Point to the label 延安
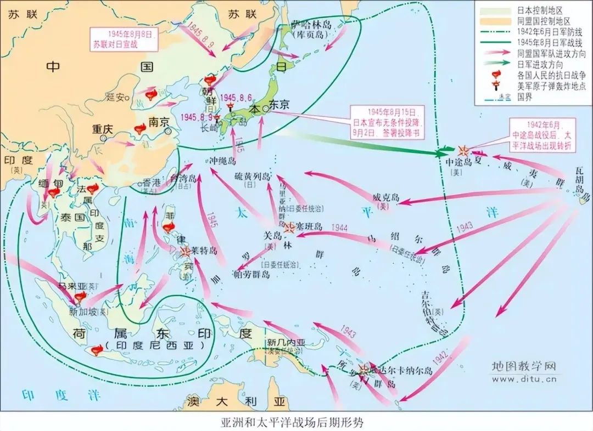pos(115,97)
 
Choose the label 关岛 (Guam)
pos(273,235)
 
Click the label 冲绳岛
pos(223,161)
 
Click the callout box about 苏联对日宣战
pos(125,38)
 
